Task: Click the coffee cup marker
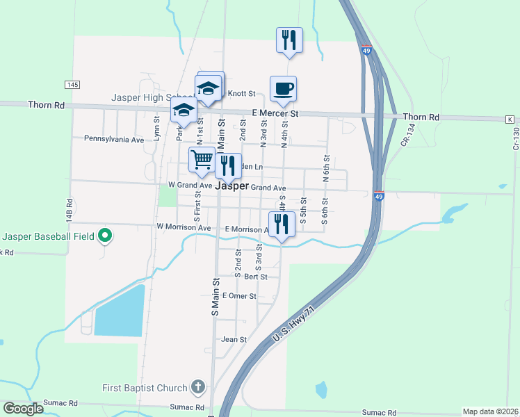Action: [283, 89]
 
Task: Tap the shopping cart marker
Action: [202, 159]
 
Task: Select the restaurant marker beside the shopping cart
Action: [228, 166]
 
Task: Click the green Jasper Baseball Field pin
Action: [105, 236]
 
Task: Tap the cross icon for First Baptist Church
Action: [198, 388]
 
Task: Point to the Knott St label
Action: [243, 94]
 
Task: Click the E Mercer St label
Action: [275, 113]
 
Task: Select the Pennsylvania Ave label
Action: [114, 139]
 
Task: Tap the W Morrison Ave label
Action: [184, 227]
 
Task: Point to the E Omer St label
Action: [239, 296]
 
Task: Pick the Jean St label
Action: [234, 339]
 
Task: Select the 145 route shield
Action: [72, 84]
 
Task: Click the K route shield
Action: [510, 120]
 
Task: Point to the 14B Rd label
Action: [70, 211]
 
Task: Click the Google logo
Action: [23, 409]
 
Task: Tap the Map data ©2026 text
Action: [490, 411]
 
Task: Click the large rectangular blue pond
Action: [120, 311]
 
